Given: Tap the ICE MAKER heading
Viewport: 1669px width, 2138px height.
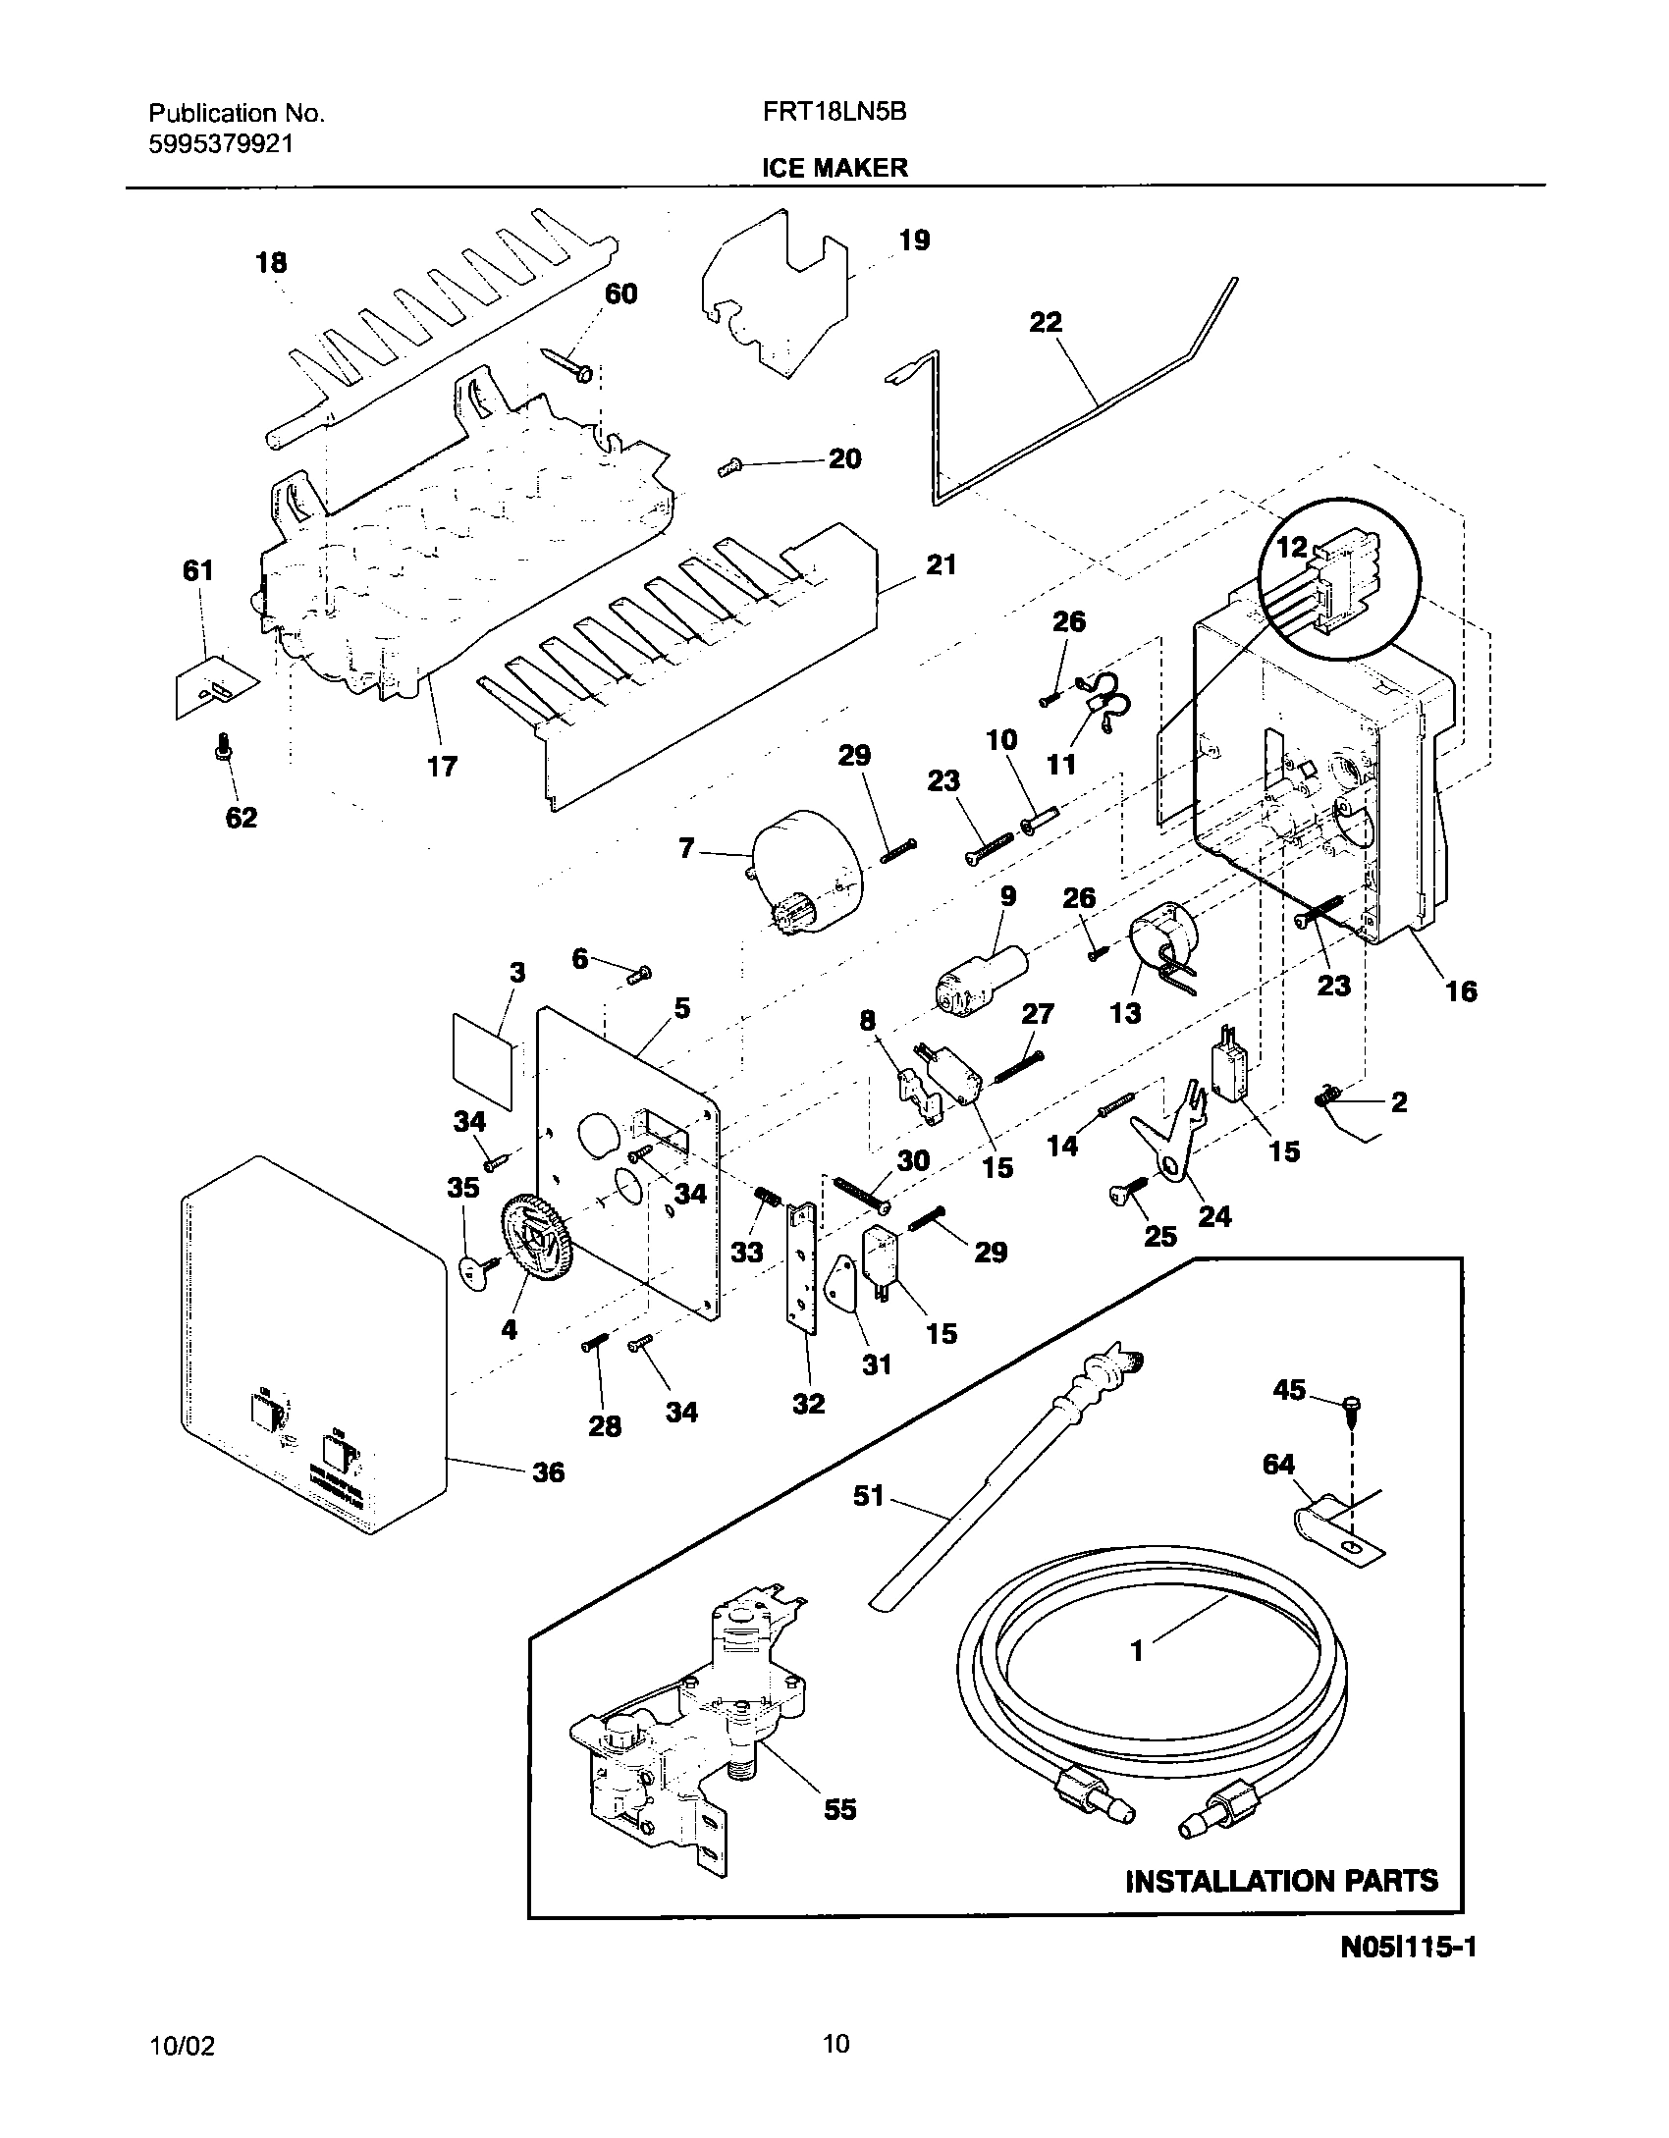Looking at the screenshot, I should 834,168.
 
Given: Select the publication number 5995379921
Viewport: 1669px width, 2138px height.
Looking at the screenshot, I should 221,143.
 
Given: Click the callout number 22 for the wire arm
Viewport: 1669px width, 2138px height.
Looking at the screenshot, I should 1046,322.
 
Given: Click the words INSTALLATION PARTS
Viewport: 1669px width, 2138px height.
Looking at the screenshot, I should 1281,1880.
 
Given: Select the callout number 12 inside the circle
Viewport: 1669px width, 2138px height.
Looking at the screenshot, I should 1291,547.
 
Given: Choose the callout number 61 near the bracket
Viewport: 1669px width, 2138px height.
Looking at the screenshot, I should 198,570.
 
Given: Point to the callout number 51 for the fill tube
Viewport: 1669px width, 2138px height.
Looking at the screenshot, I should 869,1496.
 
